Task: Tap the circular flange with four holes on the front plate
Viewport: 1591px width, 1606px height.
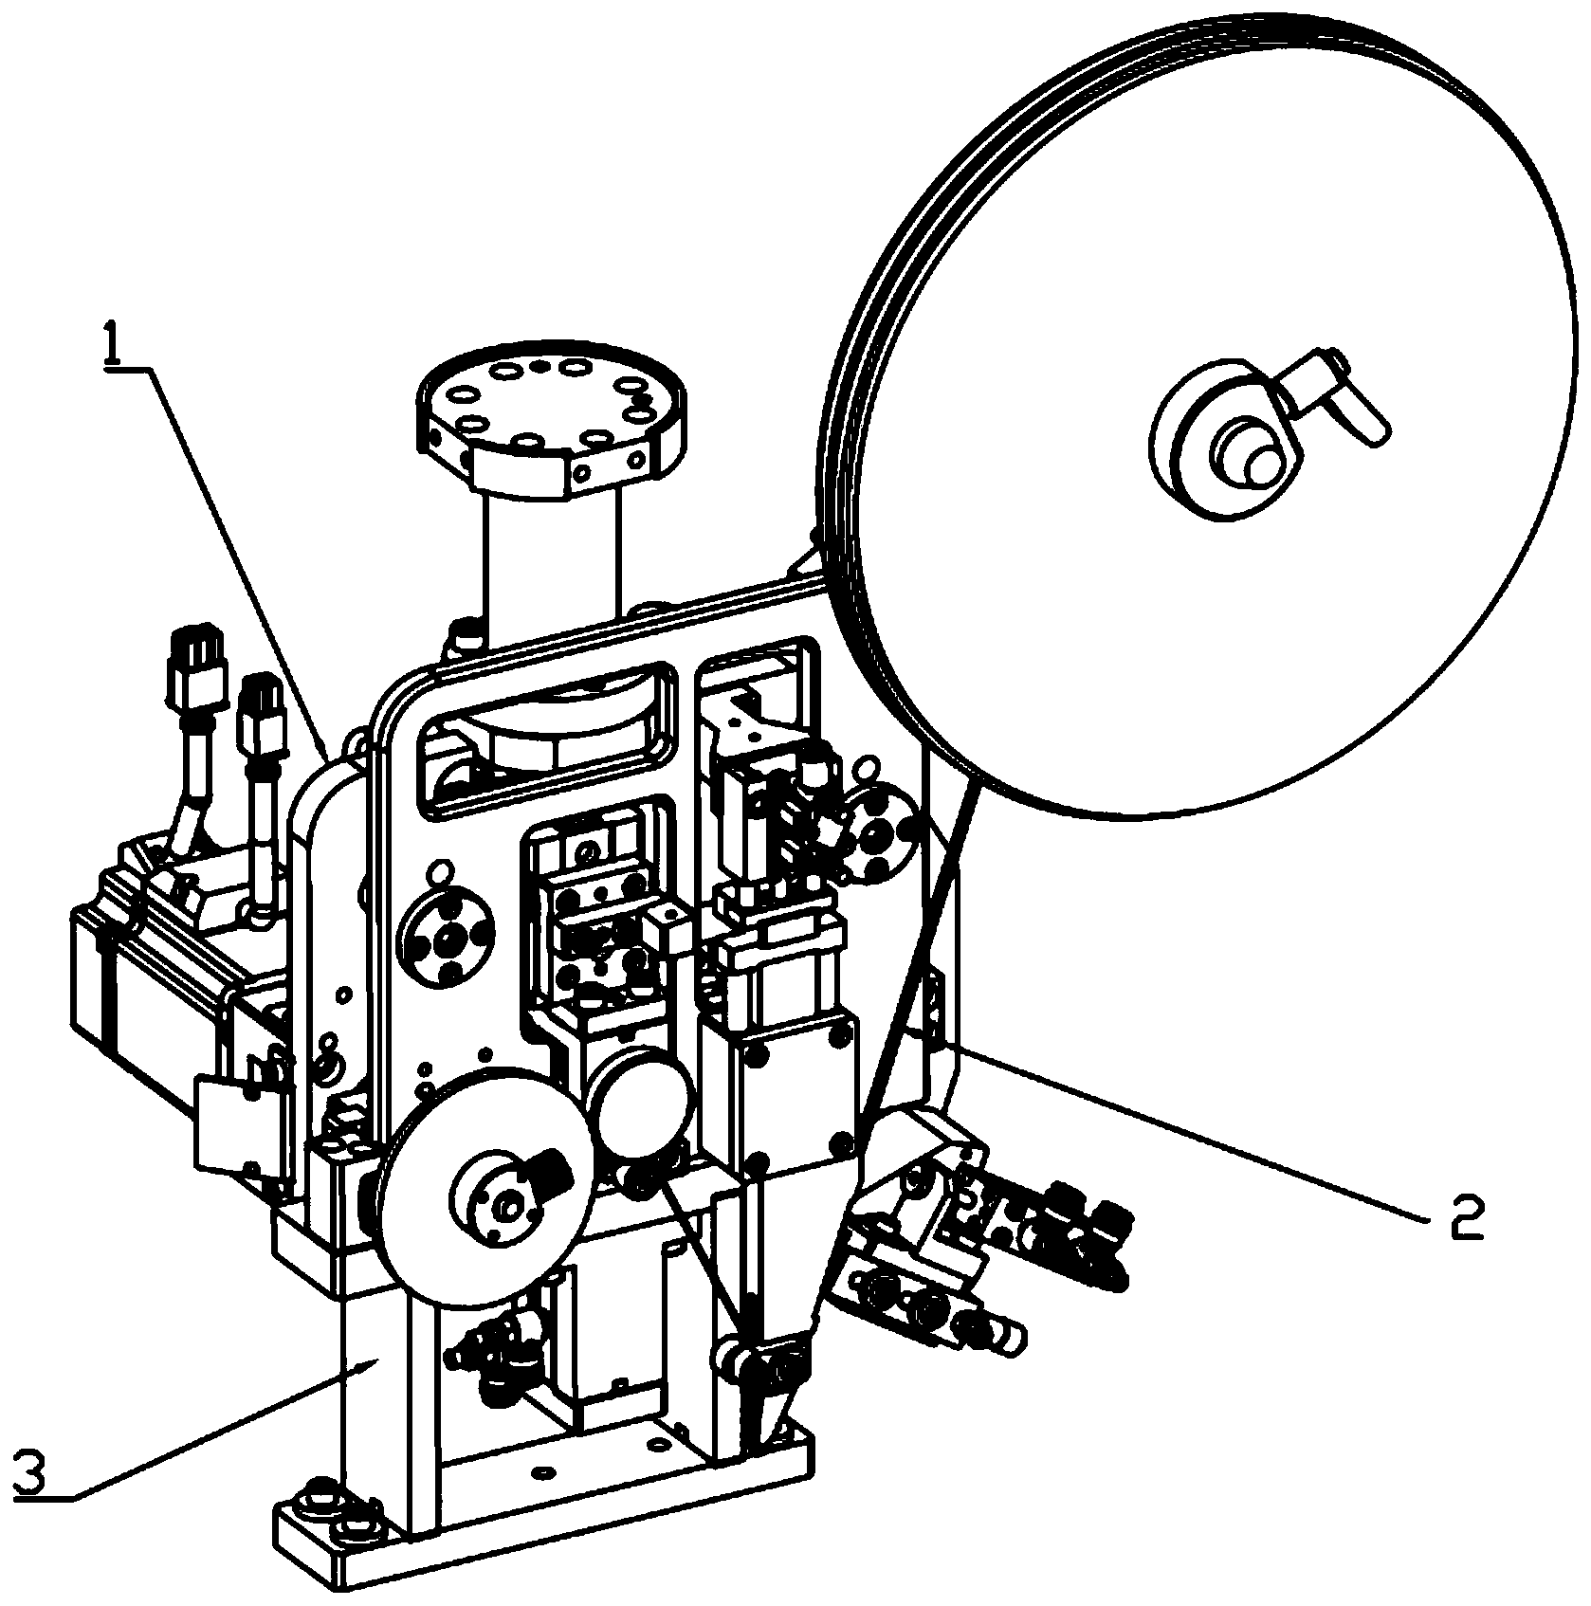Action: point(447,940)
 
